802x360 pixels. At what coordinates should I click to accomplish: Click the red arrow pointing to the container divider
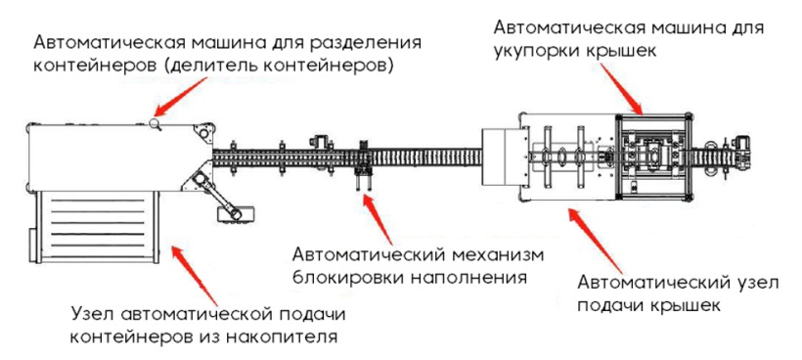182,96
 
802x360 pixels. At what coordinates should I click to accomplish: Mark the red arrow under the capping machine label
620,89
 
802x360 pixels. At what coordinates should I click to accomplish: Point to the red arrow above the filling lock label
377,218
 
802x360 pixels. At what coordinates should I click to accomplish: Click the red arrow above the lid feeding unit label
596,241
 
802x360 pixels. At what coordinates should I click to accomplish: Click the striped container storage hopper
96,226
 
